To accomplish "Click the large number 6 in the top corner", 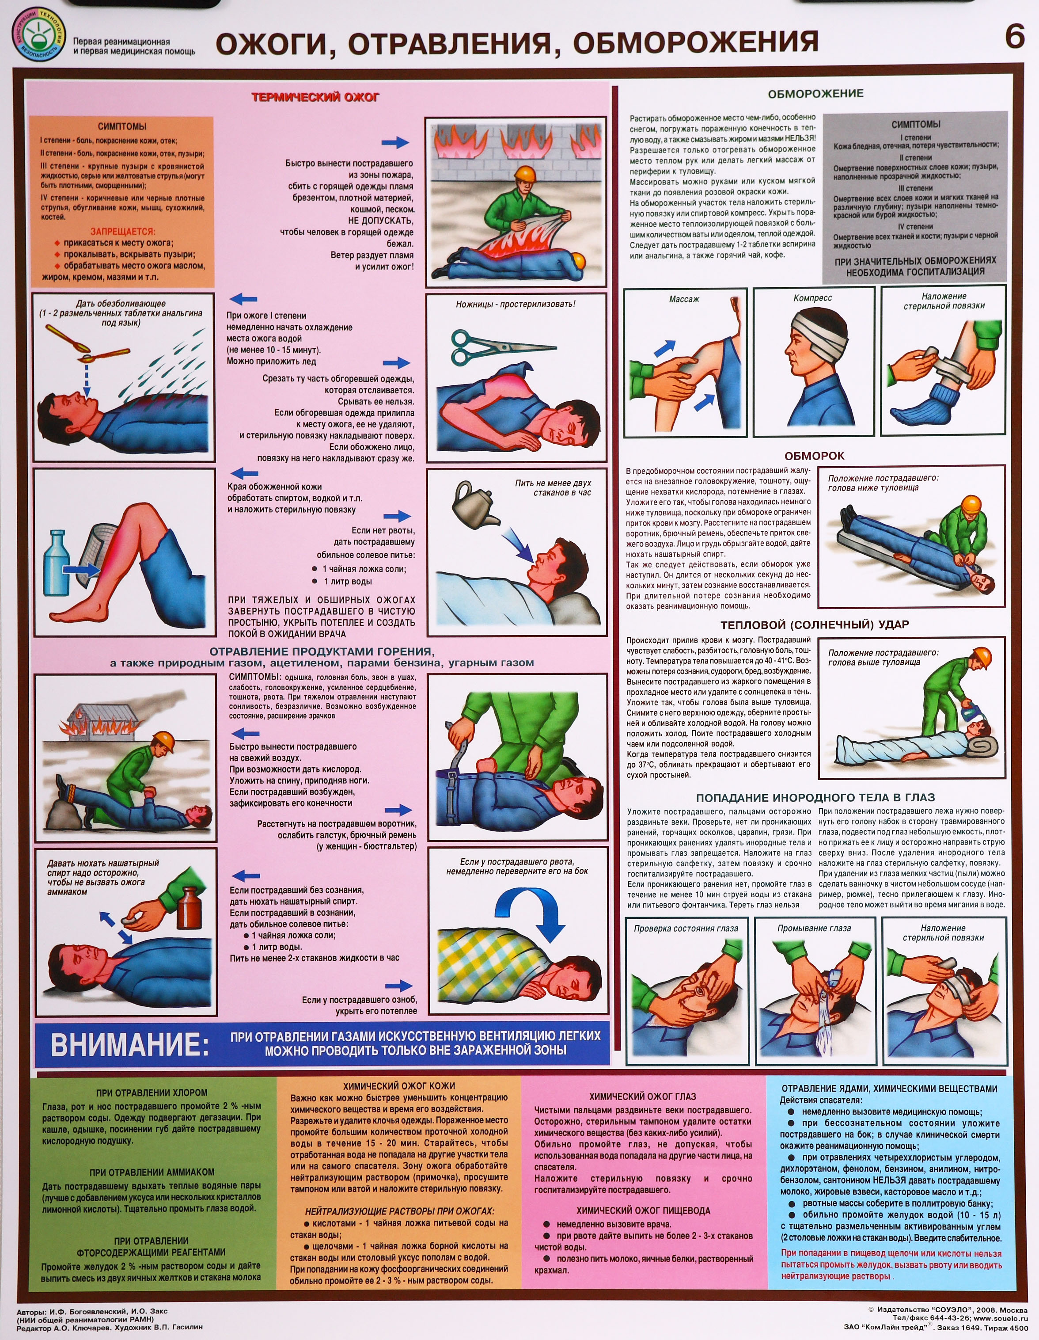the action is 1014,37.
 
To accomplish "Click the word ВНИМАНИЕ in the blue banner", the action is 129,1045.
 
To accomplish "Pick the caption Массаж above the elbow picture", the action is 684,299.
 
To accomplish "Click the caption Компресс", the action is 813,298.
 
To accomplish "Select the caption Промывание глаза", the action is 814,928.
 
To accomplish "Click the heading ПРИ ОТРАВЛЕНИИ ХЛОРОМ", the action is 152,1093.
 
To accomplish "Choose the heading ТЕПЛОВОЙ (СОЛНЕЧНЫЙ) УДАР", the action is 815,624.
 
